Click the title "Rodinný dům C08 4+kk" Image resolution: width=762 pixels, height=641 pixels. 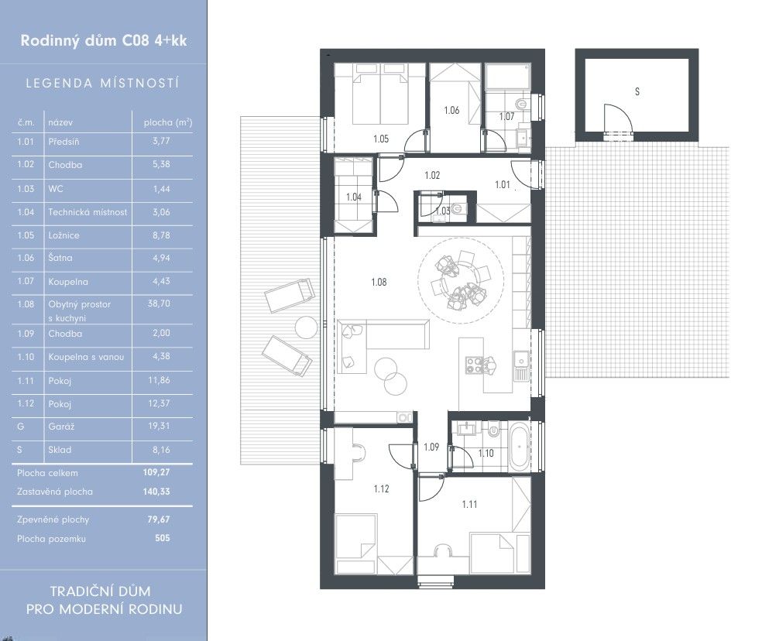[x=104, y=40]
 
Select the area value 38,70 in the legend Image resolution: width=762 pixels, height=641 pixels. [x=159, y=303]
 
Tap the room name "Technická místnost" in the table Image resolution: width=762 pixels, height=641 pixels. [x=88, y=212]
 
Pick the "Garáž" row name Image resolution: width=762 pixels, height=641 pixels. [x=61, y=427]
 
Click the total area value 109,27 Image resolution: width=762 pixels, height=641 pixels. [x=156, y=472]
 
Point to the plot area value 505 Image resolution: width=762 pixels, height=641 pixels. [x=163, y=538]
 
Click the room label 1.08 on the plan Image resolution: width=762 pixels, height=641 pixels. [x=379, y=282]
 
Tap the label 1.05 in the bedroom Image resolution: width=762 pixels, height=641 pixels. [x=381, y=139]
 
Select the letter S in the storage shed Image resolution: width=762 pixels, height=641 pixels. [x=637, y=91]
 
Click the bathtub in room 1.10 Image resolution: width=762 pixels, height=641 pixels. [x=520, y=447]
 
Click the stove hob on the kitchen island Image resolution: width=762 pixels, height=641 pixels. [x=473, y=365]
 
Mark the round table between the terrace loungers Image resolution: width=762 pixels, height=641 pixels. [x=306, y=327]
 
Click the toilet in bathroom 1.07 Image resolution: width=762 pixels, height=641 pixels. [x=521, y=104]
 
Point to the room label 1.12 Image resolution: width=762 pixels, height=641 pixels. [x=382, y=489]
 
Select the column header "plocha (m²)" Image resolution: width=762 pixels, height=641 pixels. [x=168, y=122]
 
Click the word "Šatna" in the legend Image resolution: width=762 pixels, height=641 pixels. [x=60, y=258]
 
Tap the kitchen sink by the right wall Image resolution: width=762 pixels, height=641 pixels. [x=521, y=361]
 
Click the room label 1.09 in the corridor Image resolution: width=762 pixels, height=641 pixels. [x=431, y=447]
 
